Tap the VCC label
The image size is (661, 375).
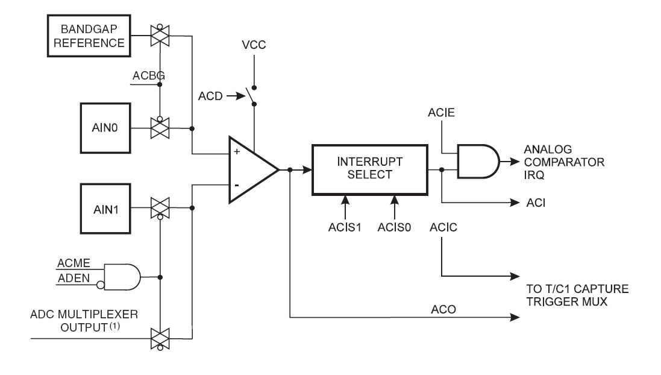point(253,45)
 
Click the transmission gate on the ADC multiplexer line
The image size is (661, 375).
point(160,338)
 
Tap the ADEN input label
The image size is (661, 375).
point(72,279)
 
